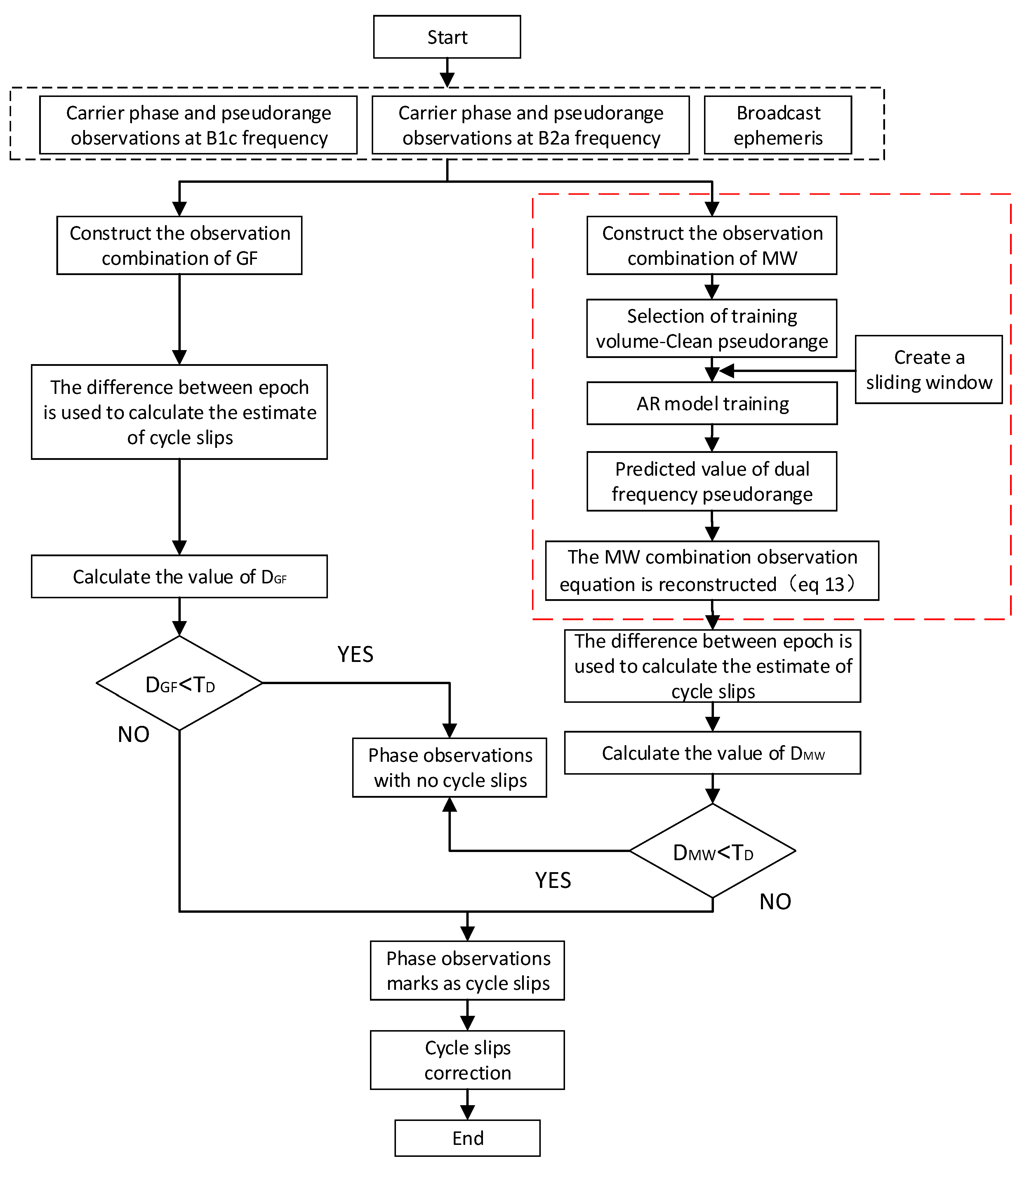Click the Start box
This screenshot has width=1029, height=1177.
click(x=447, y=37)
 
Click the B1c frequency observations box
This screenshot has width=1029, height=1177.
click(x=198, y=125)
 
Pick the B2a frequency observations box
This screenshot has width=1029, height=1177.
click(x=531, y=125)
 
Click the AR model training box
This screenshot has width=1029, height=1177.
click(x=712, y=404)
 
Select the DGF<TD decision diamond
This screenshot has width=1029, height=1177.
click(x=180, y=683)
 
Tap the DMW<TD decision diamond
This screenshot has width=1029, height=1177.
click(x=712, y=851)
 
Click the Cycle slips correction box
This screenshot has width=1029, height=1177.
click(x=467, y=1060)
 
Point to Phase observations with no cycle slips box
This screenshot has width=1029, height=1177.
click(x=450, y=768)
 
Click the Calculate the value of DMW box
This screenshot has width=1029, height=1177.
click(x=712, y=753)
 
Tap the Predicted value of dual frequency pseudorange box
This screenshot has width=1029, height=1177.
click(x=712, y=481)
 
